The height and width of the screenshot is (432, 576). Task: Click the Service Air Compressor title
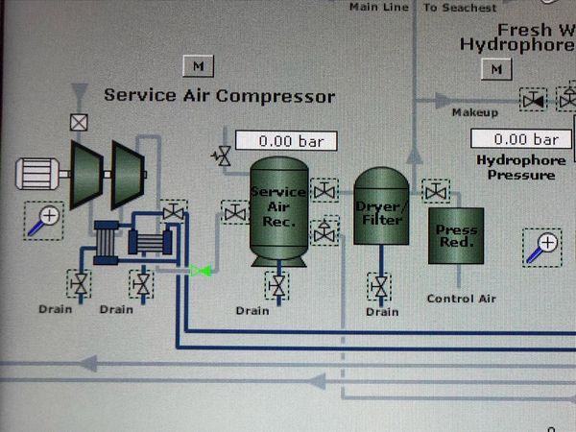(x=219, y=96)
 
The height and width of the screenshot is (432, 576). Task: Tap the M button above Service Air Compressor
(x=198, y=66)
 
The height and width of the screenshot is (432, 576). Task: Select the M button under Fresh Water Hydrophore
(x=495, y=70)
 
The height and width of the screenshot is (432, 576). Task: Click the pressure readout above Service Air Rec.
(x=286, y=141)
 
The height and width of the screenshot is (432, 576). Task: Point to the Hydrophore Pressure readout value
(x=526, y=140)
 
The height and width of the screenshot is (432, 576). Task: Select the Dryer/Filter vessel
(x=381, y=213)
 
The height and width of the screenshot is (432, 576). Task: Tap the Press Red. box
(x=456, y=236)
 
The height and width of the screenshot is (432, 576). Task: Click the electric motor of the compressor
(x=39, y=175)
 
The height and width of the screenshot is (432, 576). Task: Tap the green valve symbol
(x=200, y=272)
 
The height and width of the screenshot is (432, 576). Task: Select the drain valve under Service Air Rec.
(x=278, y=285)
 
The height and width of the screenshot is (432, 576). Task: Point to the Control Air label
(x=461, y=299)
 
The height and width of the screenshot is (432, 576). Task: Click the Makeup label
(x=474, y=113)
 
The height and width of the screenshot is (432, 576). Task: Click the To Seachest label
(x=461, y=7)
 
